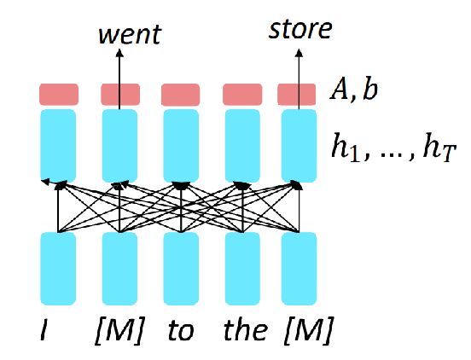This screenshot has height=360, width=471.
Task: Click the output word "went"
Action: (130, 35)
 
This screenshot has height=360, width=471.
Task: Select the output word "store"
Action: (300, 29)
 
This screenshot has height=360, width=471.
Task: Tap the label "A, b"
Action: (353, 90)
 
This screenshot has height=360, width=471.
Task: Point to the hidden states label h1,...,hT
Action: (394, 148)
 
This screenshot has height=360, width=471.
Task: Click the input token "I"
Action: (44, 330)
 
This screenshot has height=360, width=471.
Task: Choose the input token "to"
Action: (181, 330)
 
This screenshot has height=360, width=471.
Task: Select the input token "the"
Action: (246, 329)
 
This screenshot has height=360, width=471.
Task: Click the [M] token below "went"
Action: (119, 330)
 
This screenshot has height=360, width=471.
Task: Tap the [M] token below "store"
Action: (309, 330)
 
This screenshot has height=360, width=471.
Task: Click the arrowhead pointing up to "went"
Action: (119, 53)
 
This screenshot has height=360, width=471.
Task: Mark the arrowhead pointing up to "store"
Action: (299, 53)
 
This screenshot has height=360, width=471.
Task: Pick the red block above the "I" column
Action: (59, 95)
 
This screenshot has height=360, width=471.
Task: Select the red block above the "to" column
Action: (181, 95)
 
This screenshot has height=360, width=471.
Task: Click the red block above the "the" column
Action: (242, 95)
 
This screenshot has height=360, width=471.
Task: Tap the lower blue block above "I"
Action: (58, 269)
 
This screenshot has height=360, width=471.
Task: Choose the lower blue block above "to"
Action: (181, 269)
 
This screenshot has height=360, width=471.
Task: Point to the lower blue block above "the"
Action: (242, 269)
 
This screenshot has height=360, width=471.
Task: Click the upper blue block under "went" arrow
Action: (119, 146)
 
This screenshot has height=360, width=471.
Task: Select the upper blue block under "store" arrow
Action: (299, 146)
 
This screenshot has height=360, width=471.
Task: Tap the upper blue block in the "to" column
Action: (181, 146)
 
